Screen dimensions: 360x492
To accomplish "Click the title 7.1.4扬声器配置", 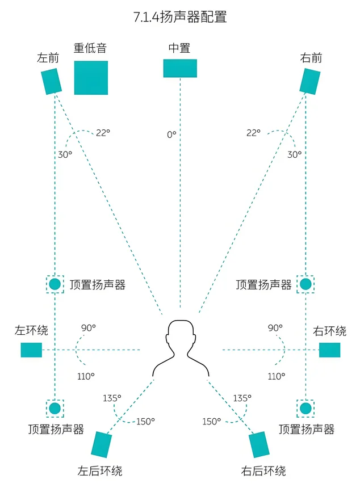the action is click(x=180, y=16).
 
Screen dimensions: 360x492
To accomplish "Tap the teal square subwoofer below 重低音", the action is click(x=91, y=78).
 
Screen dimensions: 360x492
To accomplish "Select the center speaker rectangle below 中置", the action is click(x=180, y=69).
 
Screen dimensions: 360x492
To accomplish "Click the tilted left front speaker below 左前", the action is click(x=52, y=82).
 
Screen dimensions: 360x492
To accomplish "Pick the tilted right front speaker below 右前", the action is click(x=310, y=82).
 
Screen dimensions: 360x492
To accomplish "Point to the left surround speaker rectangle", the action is click(x=31, y=350).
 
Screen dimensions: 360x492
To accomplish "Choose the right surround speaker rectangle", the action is click(x=329, y=350).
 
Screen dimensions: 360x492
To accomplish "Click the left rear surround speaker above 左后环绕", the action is click(x=102, y=445).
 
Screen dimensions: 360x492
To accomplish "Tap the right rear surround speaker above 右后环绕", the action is click(x=259, y=445).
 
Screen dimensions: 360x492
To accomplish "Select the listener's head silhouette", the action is click(x=181, y=348).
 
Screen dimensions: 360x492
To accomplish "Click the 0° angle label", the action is click(x=171, y=134).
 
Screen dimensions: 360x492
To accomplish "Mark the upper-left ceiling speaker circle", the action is click(x=55, y=284).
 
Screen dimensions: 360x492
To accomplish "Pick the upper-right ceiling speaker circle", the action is click(x=305, y=284).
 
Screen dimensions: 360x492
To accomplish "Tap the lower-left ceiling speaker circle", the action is click(x=55, y=409).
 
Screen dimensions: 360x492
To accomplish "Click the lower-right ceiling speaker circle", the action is click(x=305, y=409).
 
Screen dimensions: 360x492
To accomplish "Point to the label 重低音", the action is click(x=90, y=48).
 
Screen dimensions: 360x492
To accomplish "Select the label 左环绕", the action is click(x=31, y=330).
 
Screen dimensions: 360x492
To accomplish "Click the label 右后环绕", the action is click(x=263, y=471).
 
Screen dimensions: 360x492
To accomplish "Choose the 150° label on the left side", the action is click(x=145, y=422).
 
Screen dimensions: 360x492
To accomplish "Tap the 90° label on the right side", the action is click(x=275, y=328).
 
